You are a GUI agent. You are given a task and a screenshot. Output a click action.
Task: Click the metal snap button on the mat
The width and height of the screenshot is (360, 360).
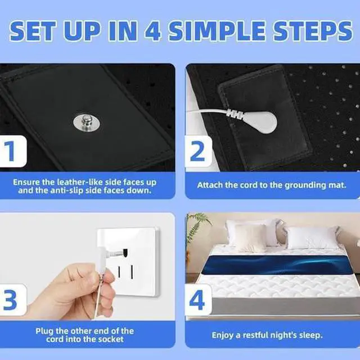tap(87, 122)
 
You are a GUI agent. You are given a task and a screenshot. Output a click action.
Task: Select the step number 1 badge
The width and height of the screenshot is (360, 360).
tap(12, 151)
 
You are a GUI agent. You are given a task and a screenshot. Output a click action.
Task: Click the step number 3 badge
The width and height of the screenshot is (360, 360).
tap(12, 300)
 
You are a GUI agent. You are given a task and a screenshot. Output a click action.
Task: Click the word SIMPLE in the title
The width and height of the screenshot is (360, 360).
tap(218, 31)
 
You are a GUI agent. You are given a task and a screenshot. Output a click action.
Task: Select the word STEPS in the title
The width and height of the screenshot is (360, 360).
tap(313, 31)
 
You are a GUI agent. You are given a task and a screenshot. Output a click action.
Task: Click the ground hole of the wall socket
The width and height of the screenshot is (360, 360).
tap(125, 253)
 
